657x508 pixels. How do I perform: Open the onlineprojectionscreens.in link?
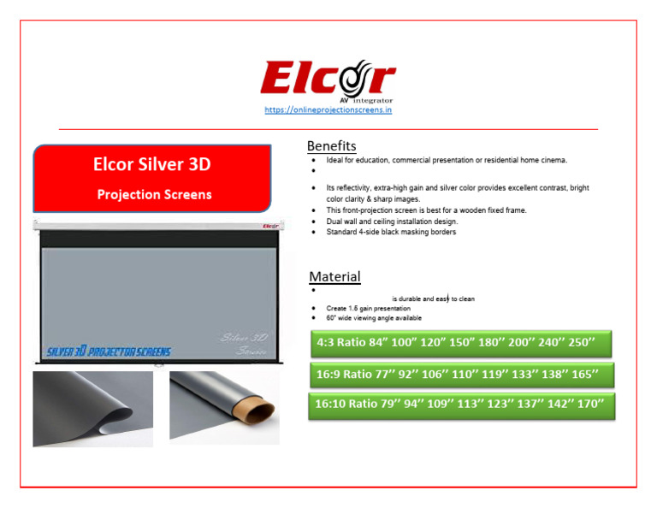click(x=328, y=110)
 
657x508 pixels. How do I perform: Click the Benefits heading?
click(x=332, y=146)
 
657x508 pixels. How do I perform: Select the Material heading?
click(x=334, y=277)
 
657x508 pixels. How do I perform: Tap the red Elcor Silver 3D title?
click(x=151, y=165)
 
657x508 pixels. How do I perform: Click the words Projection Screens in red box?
click(x=154, y=195)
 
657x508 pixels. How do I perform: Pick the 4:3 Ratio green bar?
click(x=461, y=344)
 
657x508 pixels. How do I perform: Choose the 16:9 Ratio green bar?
click(x=461, y=375)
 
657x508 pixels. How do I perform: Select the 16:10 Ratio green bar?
click(x=461, y=404)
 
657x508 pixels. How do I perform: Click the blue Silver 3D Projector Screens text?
click(x=109, y=351)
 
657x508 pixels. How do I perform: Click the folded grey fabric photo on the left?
click(x=92, y=409)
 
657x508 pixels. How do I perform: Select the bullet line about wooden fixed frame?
click(x=426, y=210)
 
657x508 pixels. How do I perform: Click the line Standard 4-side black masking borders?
click(x=391, y=232)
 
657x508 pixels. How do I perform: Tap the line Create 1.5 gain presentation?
click(x=368, y=308)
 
